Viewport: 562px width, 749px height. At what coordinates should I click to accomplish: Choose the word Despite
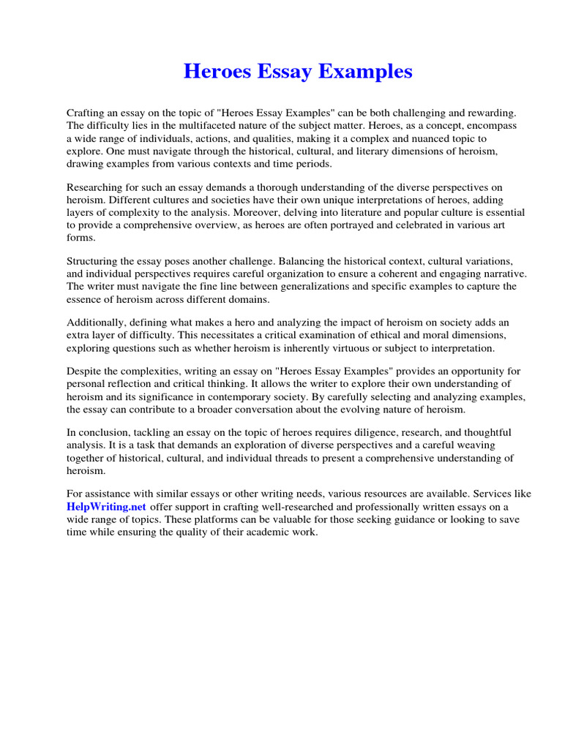point(84,372)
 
